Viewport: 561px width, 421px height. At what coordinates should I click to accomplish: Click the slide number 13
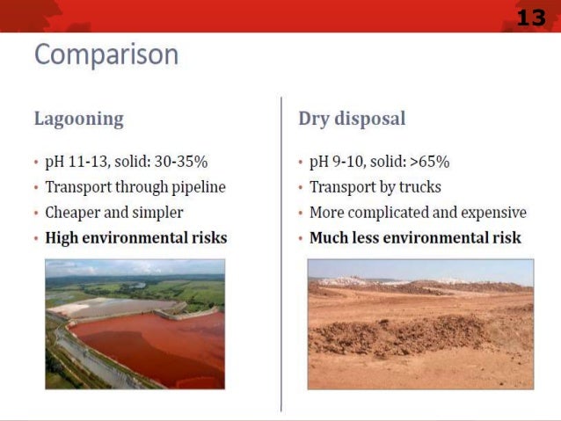pos(530,17)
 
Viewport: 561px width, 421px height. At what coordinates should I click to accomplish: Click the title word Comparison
pos(106,55)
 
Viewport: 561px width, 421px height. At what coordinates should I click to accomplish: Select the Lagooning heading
pos(78,119)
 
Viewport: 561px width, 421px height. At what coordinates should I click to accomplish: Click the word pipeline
pos(195,187)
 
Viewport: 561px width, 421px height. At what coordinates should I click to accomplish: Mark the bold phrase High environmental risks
pos(135,238)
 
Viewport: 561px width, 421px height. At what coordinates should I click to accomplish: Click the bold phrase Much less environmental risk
pos(415,238)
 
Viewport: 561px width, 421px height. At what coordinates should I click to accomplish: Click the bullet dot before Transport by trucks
pos(301,188)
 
